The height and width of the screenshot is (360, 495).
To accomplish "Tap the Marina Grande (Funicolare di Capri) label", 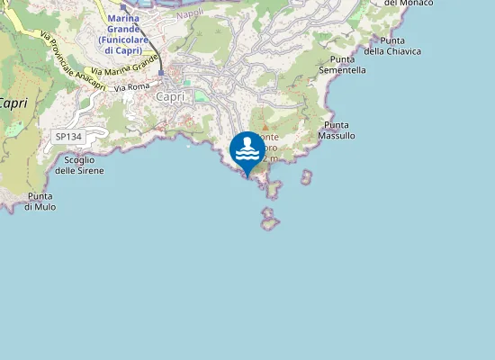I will point(124,34).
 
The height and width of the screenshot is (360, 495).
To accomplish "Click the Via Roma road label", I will point(131,87).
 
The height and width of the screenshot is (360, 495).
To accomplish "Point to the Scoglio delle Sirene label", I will point(79,165).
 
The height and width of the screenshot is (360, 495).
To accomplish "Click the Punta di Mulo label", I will point(40,202).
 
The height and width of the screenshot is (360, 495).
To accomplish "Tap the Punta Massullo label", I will point(337,130).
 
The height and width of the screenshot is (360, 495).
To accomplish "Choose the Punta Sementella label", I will point(342,64).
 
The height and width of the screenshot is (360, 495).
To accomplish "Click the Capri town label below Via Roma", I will point(170,97).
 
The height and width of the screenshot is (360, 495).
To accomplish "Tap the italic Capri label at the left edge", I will point(13,103).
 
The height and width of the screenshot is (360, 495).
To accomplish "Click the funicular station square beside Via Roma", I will point(161,72).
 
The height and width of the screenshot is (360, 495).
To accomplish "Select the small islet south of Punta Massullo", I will point(307,176).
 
